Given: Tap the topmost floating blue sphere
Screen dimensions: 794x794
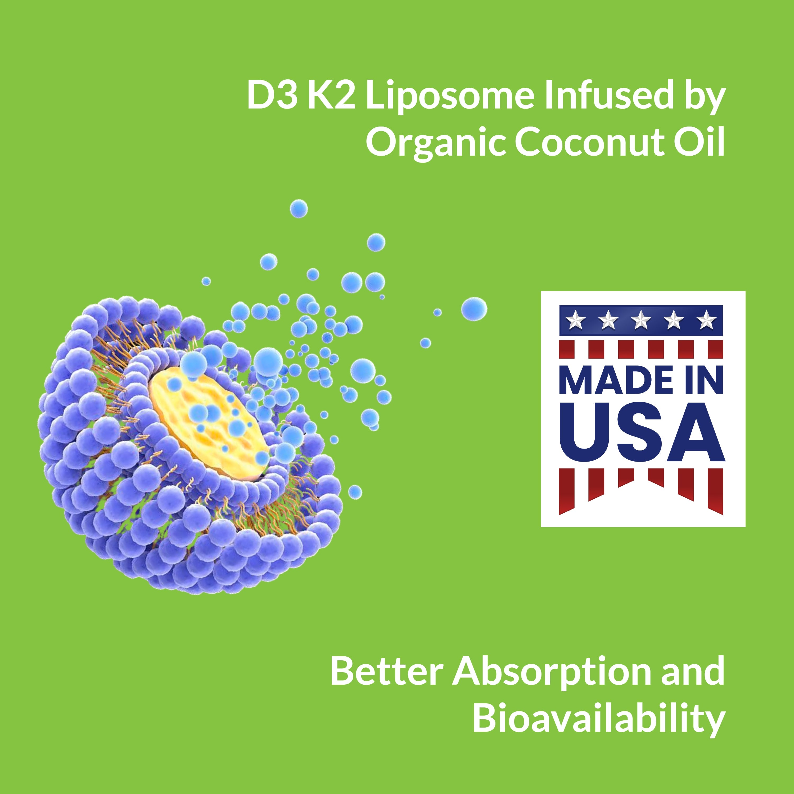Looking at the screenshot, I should click(x=299, y=209).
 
